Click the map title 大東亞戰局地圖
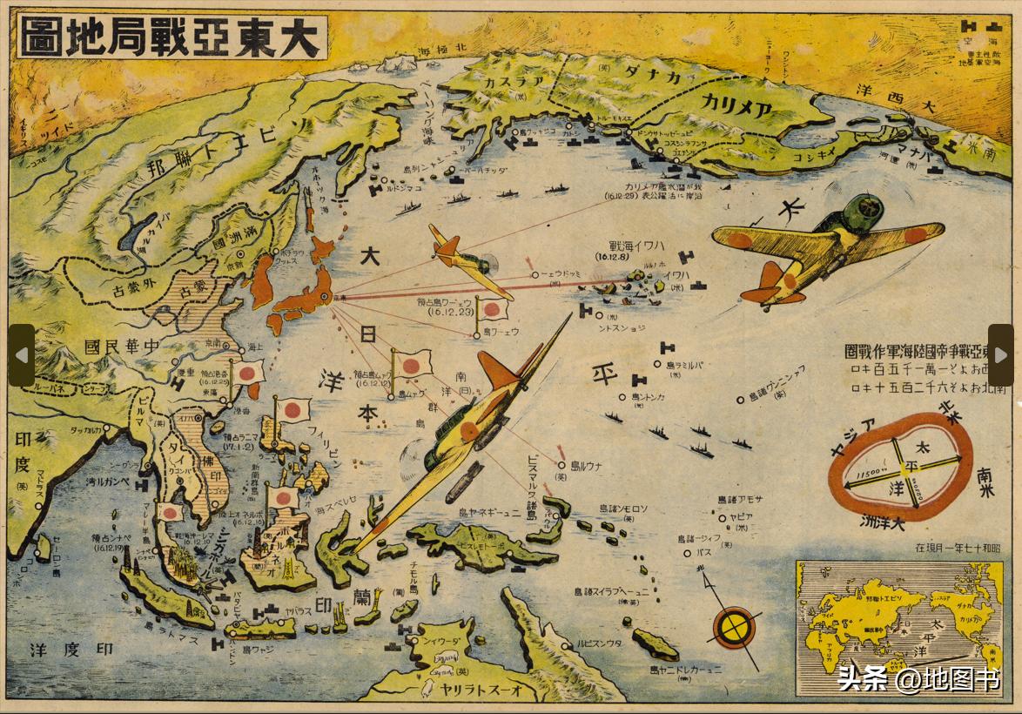172,38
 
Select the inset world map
899,628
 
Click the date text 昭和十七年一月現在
958,549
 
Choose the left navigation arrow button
21,354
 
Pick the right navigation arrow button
1000,354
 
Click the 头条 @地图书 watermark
918,679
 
